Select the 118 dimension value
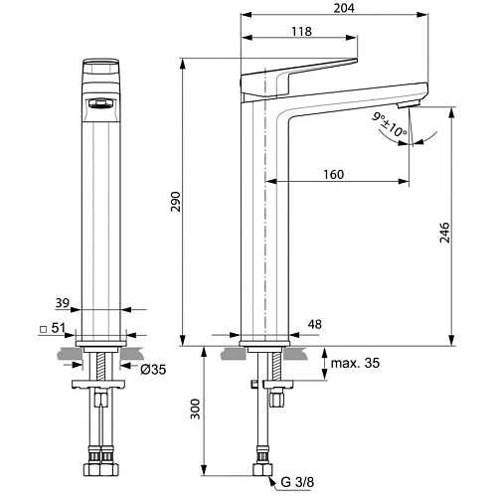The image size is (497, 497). tap(299, 31)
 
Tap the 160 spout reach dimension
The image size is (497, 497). tap(333, 175)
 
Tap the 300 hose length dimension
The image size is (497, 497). tap(196, 409)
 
